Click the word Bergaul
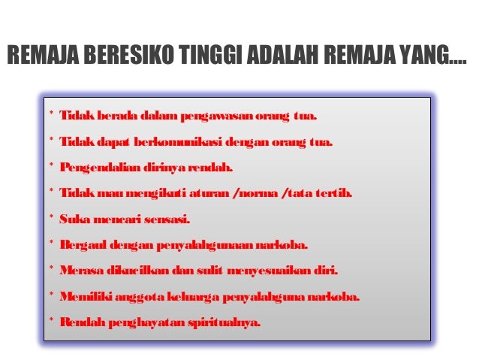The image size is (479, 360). tap(82, 246)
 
